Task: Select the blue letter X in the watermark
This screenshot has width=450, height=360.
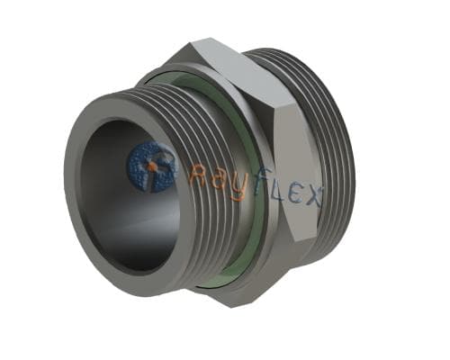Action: click(x=312, y=195)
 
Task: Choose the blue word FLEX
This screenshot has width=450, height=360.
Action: click(x=286, y=190)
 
